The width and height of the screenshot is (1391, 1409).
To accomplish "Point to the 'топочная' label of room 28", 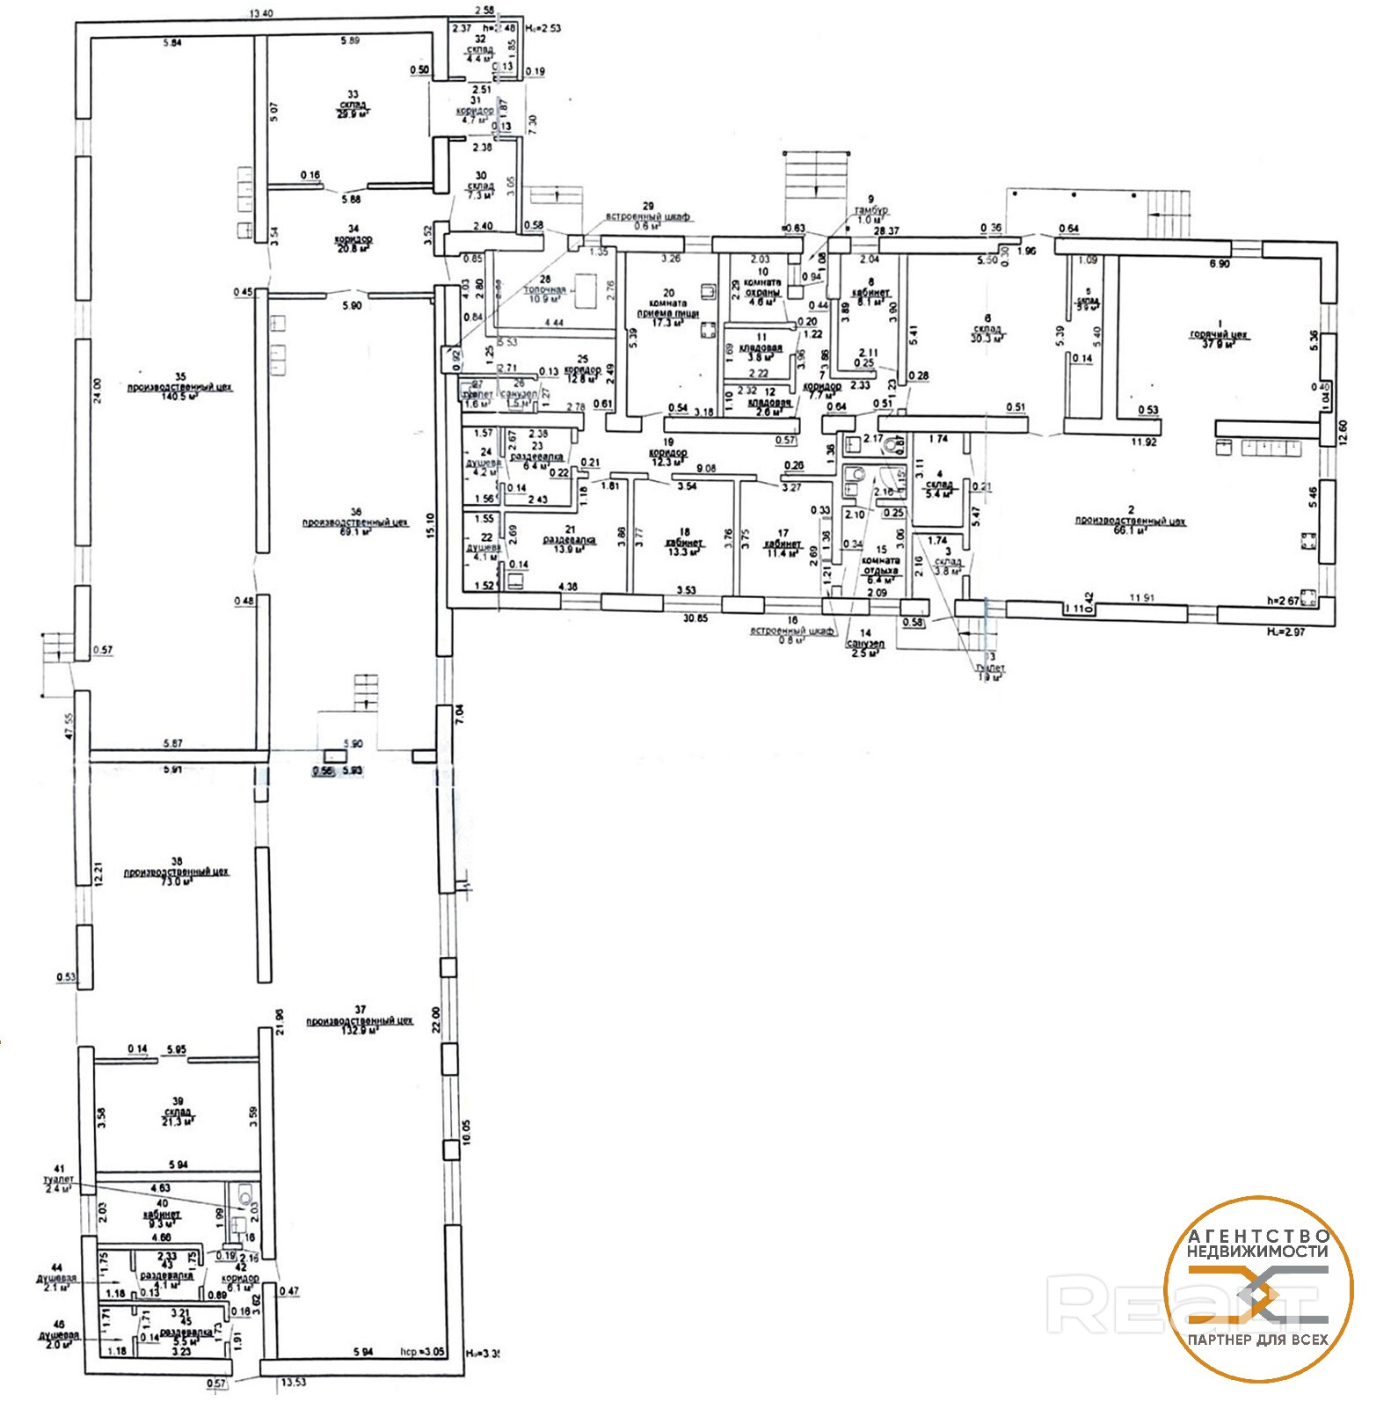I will [x=545, y=289].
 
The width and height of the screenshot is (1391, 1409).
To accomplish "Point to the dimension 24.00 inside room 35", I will [x=98, y=389].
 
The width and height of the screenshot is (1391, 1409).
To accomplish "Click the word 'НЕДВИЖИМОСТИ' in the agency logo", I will [x=1257, y=1250].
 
